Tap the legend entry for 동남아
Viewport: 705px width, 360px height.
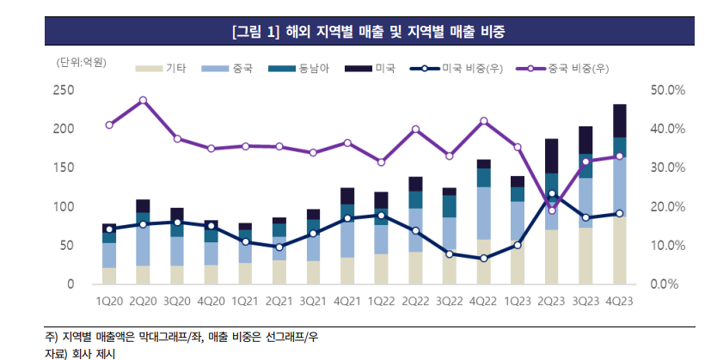coord(296,67)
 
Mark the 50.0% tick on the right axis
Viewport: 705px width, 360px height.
coord(667,90)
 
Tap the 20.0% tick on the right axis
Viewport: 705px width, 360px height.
coord(667,207)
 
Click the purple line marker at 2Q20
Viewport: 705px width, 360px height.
coord(143,101)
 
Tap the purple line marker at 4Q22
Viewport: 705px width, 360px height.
coord(483,121)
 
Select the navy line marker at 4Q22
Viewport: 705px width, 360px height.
coord(483,259)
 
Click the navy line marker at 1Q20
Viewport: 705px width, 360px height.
coord(109,229)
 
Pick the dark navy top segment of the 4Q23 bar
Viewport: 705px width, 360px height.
coord(619,120)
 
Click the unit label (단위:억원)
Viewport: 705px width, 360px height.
coord(81,63)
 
